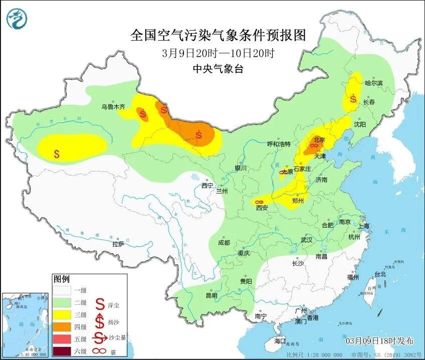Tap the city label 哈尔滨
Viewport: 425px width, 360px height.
pos(373,83)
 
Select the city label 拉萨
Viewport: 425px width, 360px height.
pos(118,244)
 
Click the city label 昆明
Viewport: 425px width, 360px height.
pos(211,295)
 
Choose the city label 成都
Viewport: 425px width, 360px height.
pos(224,243)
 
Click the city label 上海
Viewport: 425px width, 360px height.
pos(364,226)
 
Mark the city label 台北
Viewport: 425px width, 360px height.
pos(380,274)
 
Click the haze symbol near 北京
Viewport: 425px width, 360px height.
pos(312,146)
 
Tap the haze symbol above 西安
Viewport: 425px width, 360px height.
pos(259,202)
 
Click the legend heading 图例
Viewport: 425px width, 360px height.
pos(62,279)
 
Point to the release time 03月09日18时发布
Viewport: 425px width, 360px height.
pos(380,341)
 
